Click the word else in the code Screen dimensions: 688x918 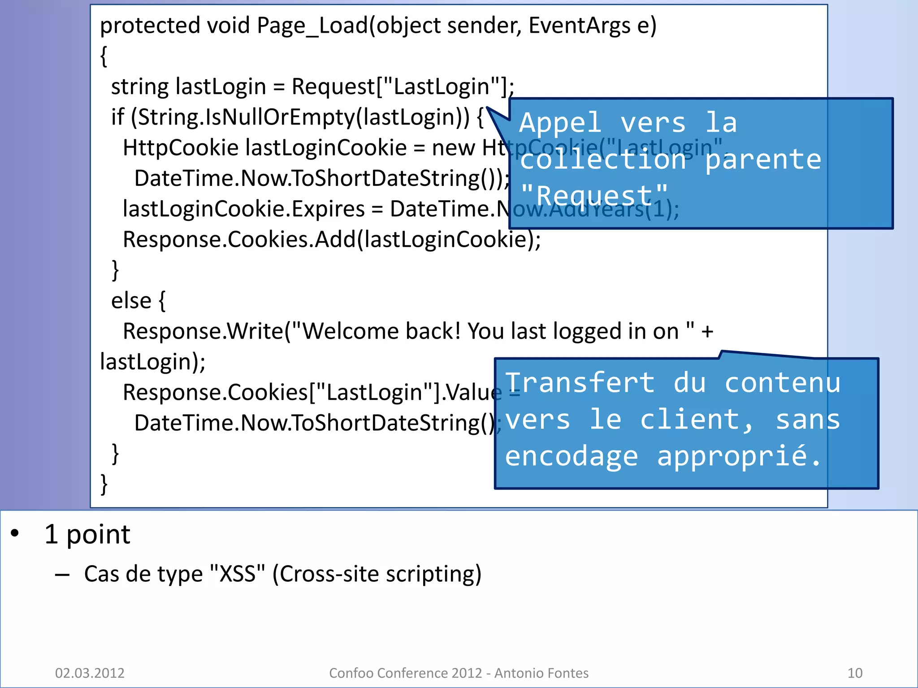point(131,301)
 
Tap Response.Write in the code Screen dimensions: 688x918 point(203,331)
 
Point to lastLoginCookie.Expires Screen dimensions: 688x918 point(244,209)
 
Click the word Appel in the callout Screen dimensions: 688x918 point(560,123)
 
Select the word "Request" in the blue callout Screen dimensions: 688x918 point(594,196)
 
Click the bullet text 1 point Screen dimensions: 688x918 point(87,534)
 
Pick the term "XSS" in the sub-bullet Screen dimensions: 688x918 point(237,574)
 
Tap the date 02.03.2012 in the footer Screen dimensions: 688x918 point(90,673)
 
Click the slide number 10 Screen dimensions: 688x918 point(855,673)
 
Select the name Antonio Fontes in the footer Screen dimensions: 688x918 point(541,673)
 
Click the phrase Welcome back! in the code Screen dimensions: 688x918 point(381,331)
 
